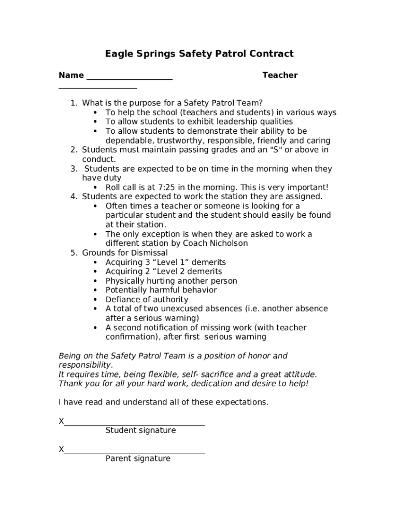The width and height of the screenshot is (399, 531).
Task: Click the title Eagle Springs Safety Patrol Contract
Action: tap(199, 54)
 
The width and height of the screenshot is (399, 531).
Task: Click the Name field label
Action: tap(71, 76)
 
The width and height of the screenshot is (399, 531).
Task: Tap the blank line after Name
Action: tap(129, 79)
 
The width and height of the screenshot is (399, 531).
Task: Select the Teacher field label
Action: tap(280, 76)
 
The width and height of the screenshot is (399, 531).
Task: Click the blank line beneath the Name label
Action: tap(97, 89)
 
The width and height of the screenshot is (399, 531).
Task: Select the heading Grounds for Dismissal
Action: tap(125, 253)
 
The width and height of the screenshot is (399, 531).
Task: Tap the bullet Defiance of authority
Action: tap(147, 300)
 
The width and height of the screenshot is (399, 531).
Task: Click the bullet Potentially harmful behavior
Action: tap(161, 290)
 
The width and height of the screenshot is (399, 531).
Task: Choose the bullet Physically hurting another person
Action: tap(171, 281)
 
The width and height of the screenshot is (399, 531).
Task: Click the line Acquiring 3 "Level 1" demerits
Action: tap(165, 262)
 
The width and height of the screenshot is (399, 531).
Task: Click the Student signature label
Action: tap(140, 430)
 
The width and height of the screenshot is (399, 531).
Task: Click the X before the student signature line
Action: tap(61, 422)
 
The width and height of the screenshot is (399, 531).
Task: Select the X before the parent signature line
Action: tap(61, 450)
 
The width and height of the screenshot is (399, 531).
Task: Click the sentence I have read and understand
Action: tap(163, 402)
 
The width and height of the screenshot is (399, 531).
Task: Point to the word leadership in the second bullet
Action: tap(228, 122)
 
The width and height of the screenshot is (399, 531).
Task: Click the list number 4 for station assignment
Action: tap(74, 197)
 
